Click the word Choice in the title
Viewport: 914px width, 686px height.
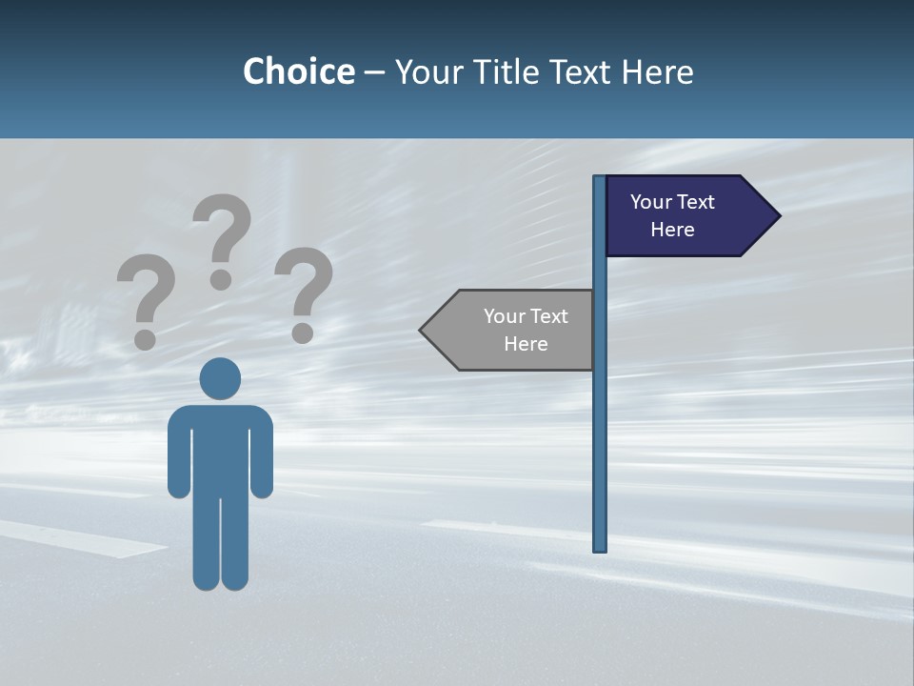pyautogui.click(x=298, y=71)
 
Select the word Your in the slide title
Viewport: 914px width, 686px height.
pyautogui.click(x=431, y=71)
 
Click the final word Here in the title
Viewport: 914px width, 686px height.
pyautogui.click(x=658, y=71)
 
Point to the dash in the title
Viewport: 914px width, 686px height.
pyautogui.click(x=374, y=73)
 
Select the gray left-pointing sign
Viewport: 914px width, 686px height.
pyautogui.click(x=514, y=330)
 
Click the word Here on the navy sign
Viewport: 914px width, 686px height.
pyautogui.click(x=672, y=230)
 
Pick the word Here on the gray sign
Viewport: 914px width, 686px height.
pyautogui.click(x=526, y=344)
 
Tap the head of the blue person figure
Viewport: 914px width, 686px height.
pyautogui.click(x=220, y=378)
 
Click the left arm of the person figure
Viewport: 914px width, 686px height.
pyautogui.click(x=178, y=457)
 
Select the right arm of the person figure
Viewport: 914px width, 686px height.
pyautogui.click(x=262, y=457)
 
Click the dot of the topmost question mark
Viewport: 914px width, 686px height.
pyautogui.click(x=221, y=279)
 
